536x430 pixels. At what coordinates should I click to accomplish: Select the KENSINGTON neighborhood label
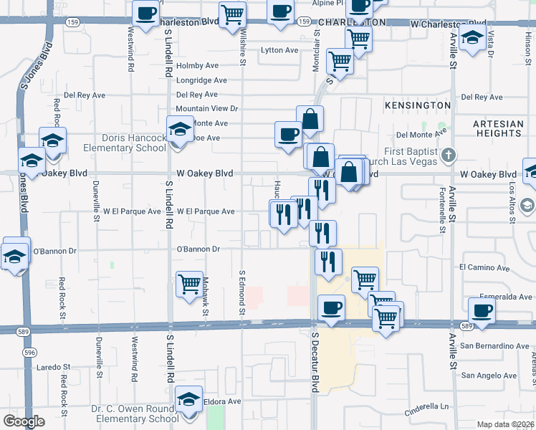point(418,105)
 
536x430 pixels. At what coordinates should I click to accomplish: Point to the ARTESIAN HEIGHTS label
point(499,129)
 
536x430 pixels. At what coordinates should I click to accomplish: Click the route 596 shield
point(29,353)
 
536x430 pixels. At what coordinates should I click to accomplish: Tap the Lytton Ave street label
point(279,50)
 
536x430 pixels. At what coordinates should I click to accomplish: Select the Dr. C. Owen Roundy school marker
point(189,399)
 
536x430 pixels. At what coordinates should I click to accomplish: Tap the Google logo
point(24,421)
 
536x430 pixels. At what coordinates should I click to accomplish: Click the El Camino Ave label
point(484,268)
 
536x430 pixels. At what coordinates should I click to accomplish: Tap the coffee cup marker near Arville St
point(482,312)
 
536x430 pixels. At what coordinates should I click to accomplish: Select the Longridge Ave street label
point(201,80)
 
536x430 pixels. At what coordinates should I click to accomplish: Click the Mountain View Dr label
point(206,108)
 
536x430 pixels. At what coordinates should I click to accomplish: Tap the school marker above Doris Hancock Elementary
point(179,130)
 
